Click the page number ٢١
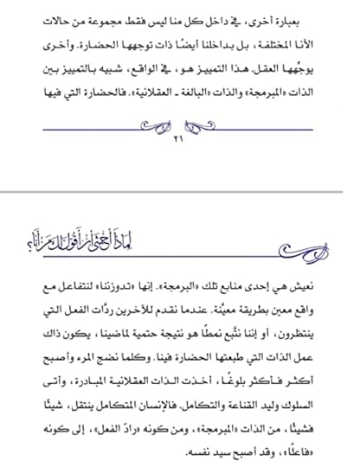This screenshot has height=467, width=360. point(179,138)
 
